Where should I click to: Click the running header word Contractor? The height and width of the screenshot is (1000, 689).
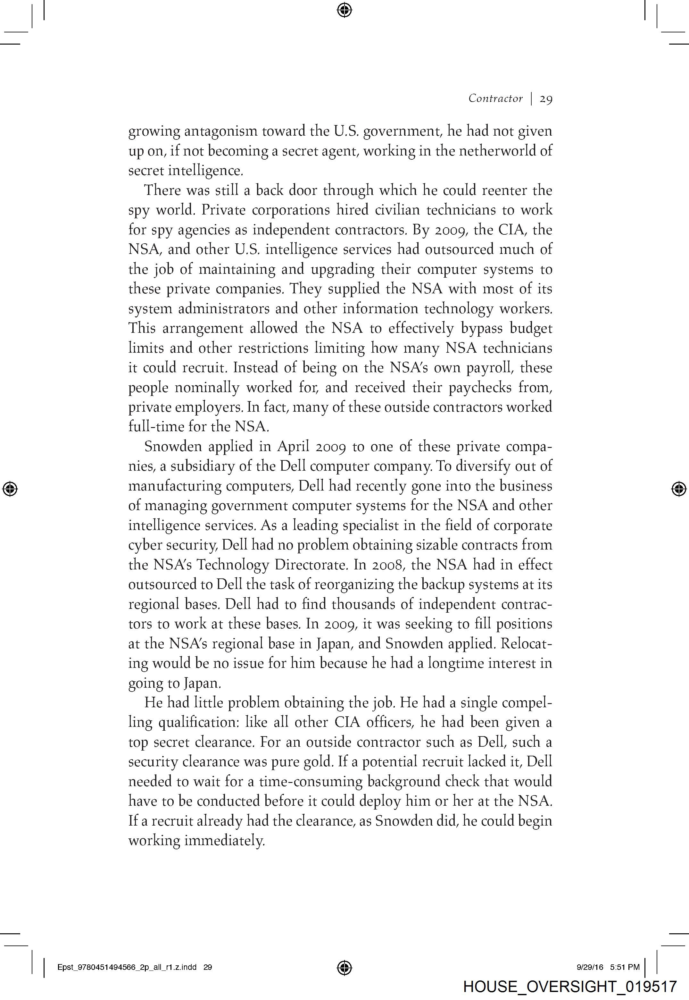[495, 98]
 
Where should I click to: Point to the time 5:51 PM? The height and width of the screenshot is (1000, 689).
[625, 967]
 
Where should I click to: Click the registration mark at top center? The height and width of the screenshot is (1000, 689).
[344, 10]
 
